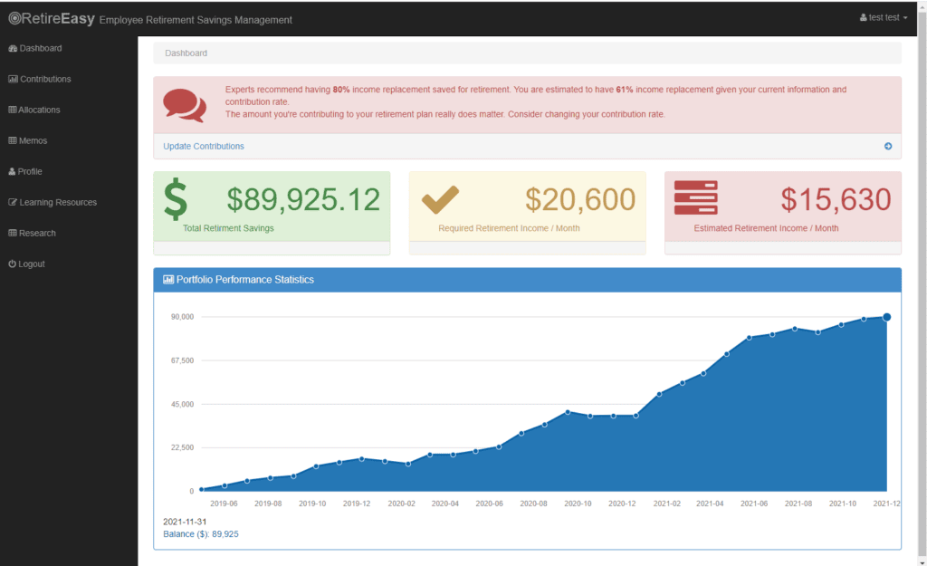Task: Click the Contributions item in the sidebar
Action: pyautogui.click(x=40, y=80)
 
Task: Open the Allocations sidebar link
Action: pyautogui.click(x=34, y=110)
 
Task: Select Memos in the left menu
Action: pyautogui.click(x=28, y=140)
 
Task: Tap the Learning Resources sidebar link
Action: pyautogui.click(x=53, y=202)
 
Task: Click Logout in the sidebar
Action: pyautogui.click(x=26, y=264)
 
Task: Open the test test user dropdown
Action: pyautogui.click(x=884, y=18)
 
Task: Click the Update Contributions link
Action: pyautogui.click(x=204, y=146)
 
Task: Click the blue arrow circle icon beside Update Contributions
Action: pyautogui.click(x=888, y=146)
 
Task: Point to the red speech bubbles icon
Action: pyautogui.click(x=185, y=105)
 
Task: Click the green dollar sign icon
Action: pyautogui.click(x=176, y=198)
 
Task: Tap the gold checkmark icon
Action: pyautogui.click(x=441, y=199)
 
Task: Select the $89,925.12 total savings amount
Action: pyautogui.click(x=303, y=199)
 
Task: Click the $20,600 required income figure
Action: pyautogui.click(x=580, y=199)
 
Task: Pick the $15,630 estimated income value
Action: pyautogui.click(x=836, y=199)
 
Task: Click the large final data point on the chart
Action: pyautogui.click(x=887, y=317)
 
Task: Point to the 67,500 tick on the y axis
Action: pyautogui.click(x=183, y=360)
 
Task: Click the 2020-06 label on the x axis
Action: pyautogui.click(x=490, y=504)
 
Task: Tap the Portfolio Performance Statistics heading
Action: pyautogui.click(x=245, y=280)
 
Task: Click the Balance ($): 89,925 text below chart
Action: pyautogui.click(x=201, y=534)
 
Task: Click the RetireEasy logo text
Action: pyautogui.click(x=52, y=19)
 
